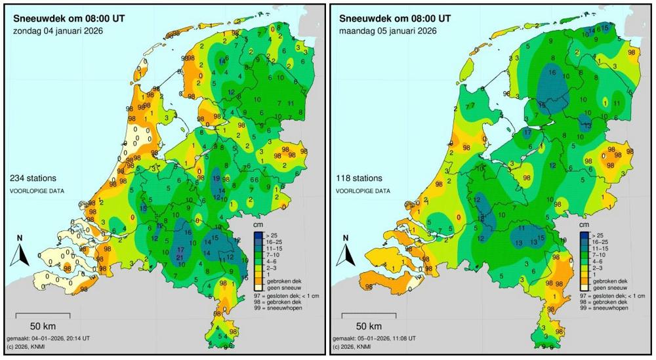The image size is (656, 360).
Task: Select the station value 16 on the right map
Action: pyautogui.click(x=552, y=72)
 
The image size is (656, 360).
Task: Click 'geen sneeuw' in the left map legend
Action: pyautogui.click(x=281, y=287)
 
